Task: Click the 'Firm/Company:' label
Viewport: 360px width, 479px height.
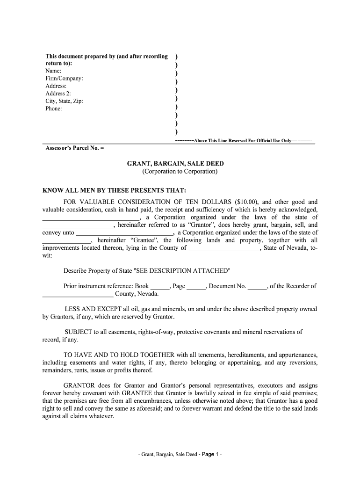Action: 65,79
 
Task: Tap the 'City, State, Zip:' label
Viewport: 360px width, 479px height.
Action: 65,101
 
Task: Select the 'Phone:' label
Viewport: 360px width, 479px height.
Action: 54,109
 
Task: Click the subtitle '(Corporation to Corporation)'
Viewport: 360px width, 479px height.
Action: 180,172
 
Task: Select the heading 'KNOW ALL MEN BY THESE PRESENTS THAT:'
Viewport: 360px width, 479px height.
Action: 115,190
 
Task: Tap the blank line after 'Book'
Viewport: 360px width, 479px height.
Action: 160,286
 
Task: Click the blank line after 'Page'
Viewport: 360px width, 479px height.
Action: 196,286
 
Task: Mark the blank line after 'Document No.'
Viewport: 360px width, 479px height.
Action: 257,286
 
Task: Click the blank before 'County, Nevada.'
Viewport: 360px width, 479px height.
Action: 78,294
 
